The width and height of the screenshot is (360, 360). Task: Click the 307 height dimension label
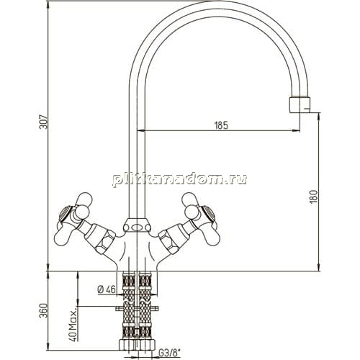(x=43, y=122)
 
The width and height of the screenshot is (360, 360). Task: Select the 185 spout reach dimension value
(x=221, y=125)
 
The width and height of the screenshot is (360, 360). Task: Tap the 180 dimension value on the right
(x=313, y=197)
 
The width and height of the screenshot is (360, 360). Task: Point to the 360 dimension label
(x=43, y=310)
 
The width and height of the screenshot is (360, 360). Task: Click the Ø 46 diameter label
(x=107, y=289)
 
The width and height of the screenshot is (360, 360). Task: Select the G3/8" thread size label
(x=169, y=353)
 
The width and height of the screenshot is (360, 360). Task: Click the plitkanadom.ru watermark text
(x=179, y=179)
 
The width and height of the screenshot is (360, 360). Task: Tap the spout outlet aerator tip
(x=300, y=104)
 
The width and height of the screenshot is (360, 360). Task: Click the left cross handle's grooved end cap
(x=66, y=214)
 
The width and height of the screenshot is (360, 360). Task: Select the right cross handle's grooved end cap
(x=208, y=214)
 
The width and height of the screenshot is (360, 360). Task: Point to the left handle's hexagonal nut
(x=105, y=241)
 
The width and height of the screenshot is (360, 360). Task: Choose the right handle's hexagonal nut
(x=168, y=241)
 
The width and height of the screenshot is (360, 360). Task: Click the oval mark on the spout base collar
(x=137, y=228)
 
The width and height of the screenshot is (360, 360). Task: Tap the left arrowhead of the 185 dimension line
(x=140, y=131)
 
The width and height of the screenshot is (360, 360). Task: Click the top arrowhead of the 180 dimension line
(x=319, y=117)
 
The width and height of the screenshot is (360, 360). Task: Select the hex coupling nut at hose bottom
(x=137, y=345)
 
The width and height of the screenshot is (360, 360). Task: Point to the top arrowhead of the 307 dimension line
(x=48, y=4)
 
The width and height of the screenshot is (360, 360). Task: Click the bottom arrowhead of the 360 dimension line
(x=48, y=346)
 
